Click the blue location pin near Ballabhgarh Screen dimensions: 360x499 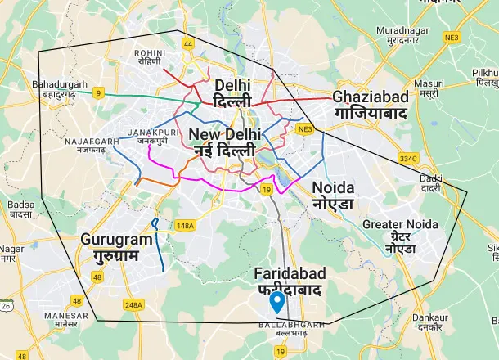(278, 302)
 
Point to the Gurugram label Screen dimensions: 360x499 (117, 247)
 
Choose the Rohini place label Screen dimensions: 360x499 (150, 58)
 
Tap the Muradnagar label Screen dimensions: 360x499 (398, 35)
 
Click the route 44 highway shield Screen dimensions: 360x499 (188, 43)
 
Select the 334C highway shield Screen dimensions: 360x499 (408, 158)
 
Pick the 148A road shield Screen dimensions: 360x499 (185, 225)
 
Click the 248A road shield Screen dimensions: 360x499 (133, 305)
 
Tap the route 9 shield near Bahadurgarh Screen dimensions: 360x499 (98, 93)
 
